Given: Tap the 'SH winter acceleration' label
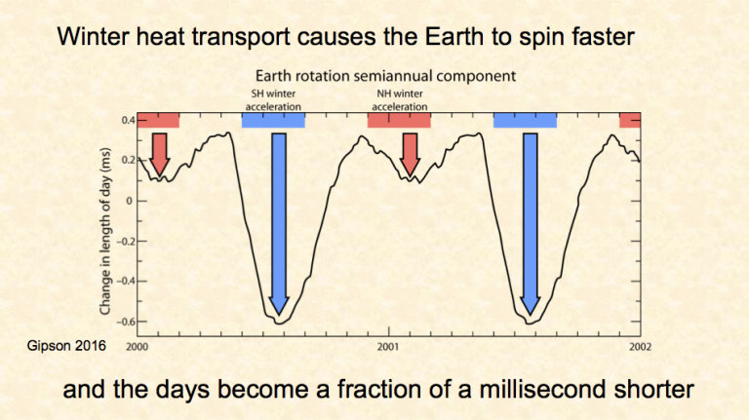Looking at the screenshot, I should coord(272,99).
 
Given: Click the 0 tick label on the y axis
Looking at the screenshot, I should coord(130,201).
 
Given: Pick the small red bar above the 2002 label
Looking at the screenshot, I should coord(630,121).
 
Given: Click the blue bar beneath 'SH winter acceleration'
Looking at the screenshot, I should coord(273,121).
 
